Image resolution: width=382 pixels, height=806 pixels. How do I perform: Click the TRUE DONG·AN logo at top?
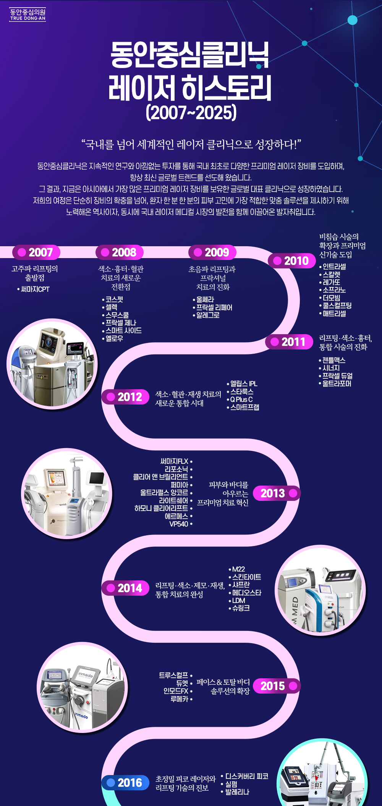(28, 15)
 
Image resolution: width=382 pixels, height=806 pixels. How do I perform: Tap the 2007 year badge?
(36, 252)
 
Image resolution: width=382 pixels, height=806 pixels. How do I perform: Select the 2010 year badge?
(292, 261)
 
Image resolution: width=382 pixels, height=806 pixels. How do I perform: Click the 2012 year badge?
(125, 397)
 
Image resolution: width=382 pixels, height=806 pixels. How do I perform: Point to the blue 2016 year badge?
(125, 783)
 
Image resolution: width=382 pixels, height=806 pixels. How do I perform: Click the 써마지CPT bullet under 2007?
(35, 289)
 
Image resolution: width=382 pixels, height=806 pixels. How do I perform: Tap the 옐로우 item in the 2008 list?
(114, 338)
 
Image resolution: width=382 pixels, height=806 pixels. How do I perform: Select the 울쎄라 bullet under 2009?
(205, 299)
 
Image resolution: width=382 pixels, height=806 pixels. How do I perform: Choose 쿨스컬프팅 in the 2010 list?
(337, 305)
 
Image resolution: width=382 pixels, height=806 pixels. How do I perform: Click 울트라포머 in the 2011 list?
(337, 383)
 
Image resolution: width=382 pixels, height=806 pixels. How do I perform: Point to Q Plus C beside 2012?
(241, 400)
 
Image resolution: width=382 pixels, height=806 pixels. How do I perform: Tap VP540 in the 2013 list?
(179, 524)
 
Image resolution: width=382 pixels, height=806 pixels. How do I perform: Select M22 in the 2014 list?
(238, 569)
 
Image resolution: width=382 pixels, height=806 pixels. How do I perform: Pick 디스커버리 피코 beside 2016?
(246, 776)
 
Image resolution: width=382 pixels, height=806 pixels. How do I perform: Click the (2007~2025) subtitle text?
(191, 112)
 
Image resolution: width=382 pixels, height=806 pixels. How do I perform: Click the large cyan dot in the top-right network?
(352, 20)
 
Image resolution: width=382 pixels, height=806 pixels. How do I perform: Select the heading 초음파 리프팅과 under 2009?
(212, 269)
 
